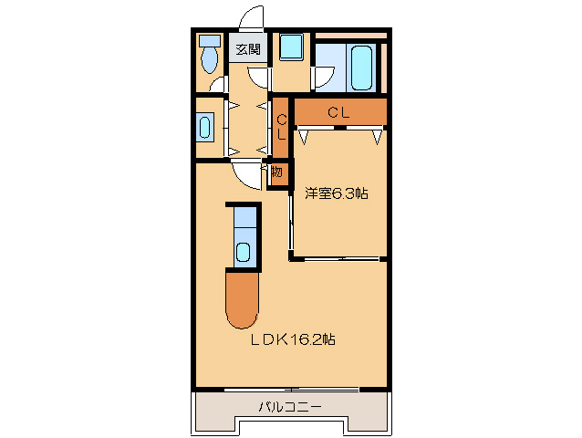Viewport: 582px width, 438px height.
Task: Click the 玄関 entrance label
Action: click(248, 49)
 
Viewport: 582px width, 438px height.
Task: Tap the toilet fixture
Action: click(209, 54)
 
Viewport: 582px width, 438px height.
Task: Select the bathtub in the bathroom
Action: click(361, 68)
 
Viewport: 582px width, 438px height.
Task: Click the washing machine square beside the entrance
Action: click(291, 47)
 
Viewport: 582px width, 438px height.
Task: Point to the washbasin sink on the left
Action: click(205, 128)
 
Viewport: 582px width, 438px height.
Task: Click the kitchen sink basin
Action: click(244, 252)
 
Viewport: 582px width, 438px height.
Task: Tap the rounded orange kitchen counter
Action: click(242, 300)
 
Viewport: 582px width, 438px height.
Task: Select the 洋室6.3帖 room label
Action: click(337, 193)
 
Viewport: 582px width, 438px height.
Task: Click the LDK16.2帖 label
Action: click(293, 339)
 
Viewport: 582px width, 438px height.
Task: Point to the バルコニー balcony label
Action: click(290, 408)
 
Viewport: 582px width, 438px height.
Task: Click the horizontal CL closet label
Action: click(338, 112)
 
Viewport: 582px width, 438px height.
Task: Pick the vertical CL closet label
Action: click(282, 127)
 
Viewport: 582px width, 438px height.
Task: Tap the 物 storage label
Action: click(277, 172)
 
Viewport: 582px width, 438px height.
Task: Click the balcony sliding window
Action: click(292, 390)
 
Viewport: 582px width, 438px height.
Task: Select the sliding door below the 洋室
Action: click(341, 258)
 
